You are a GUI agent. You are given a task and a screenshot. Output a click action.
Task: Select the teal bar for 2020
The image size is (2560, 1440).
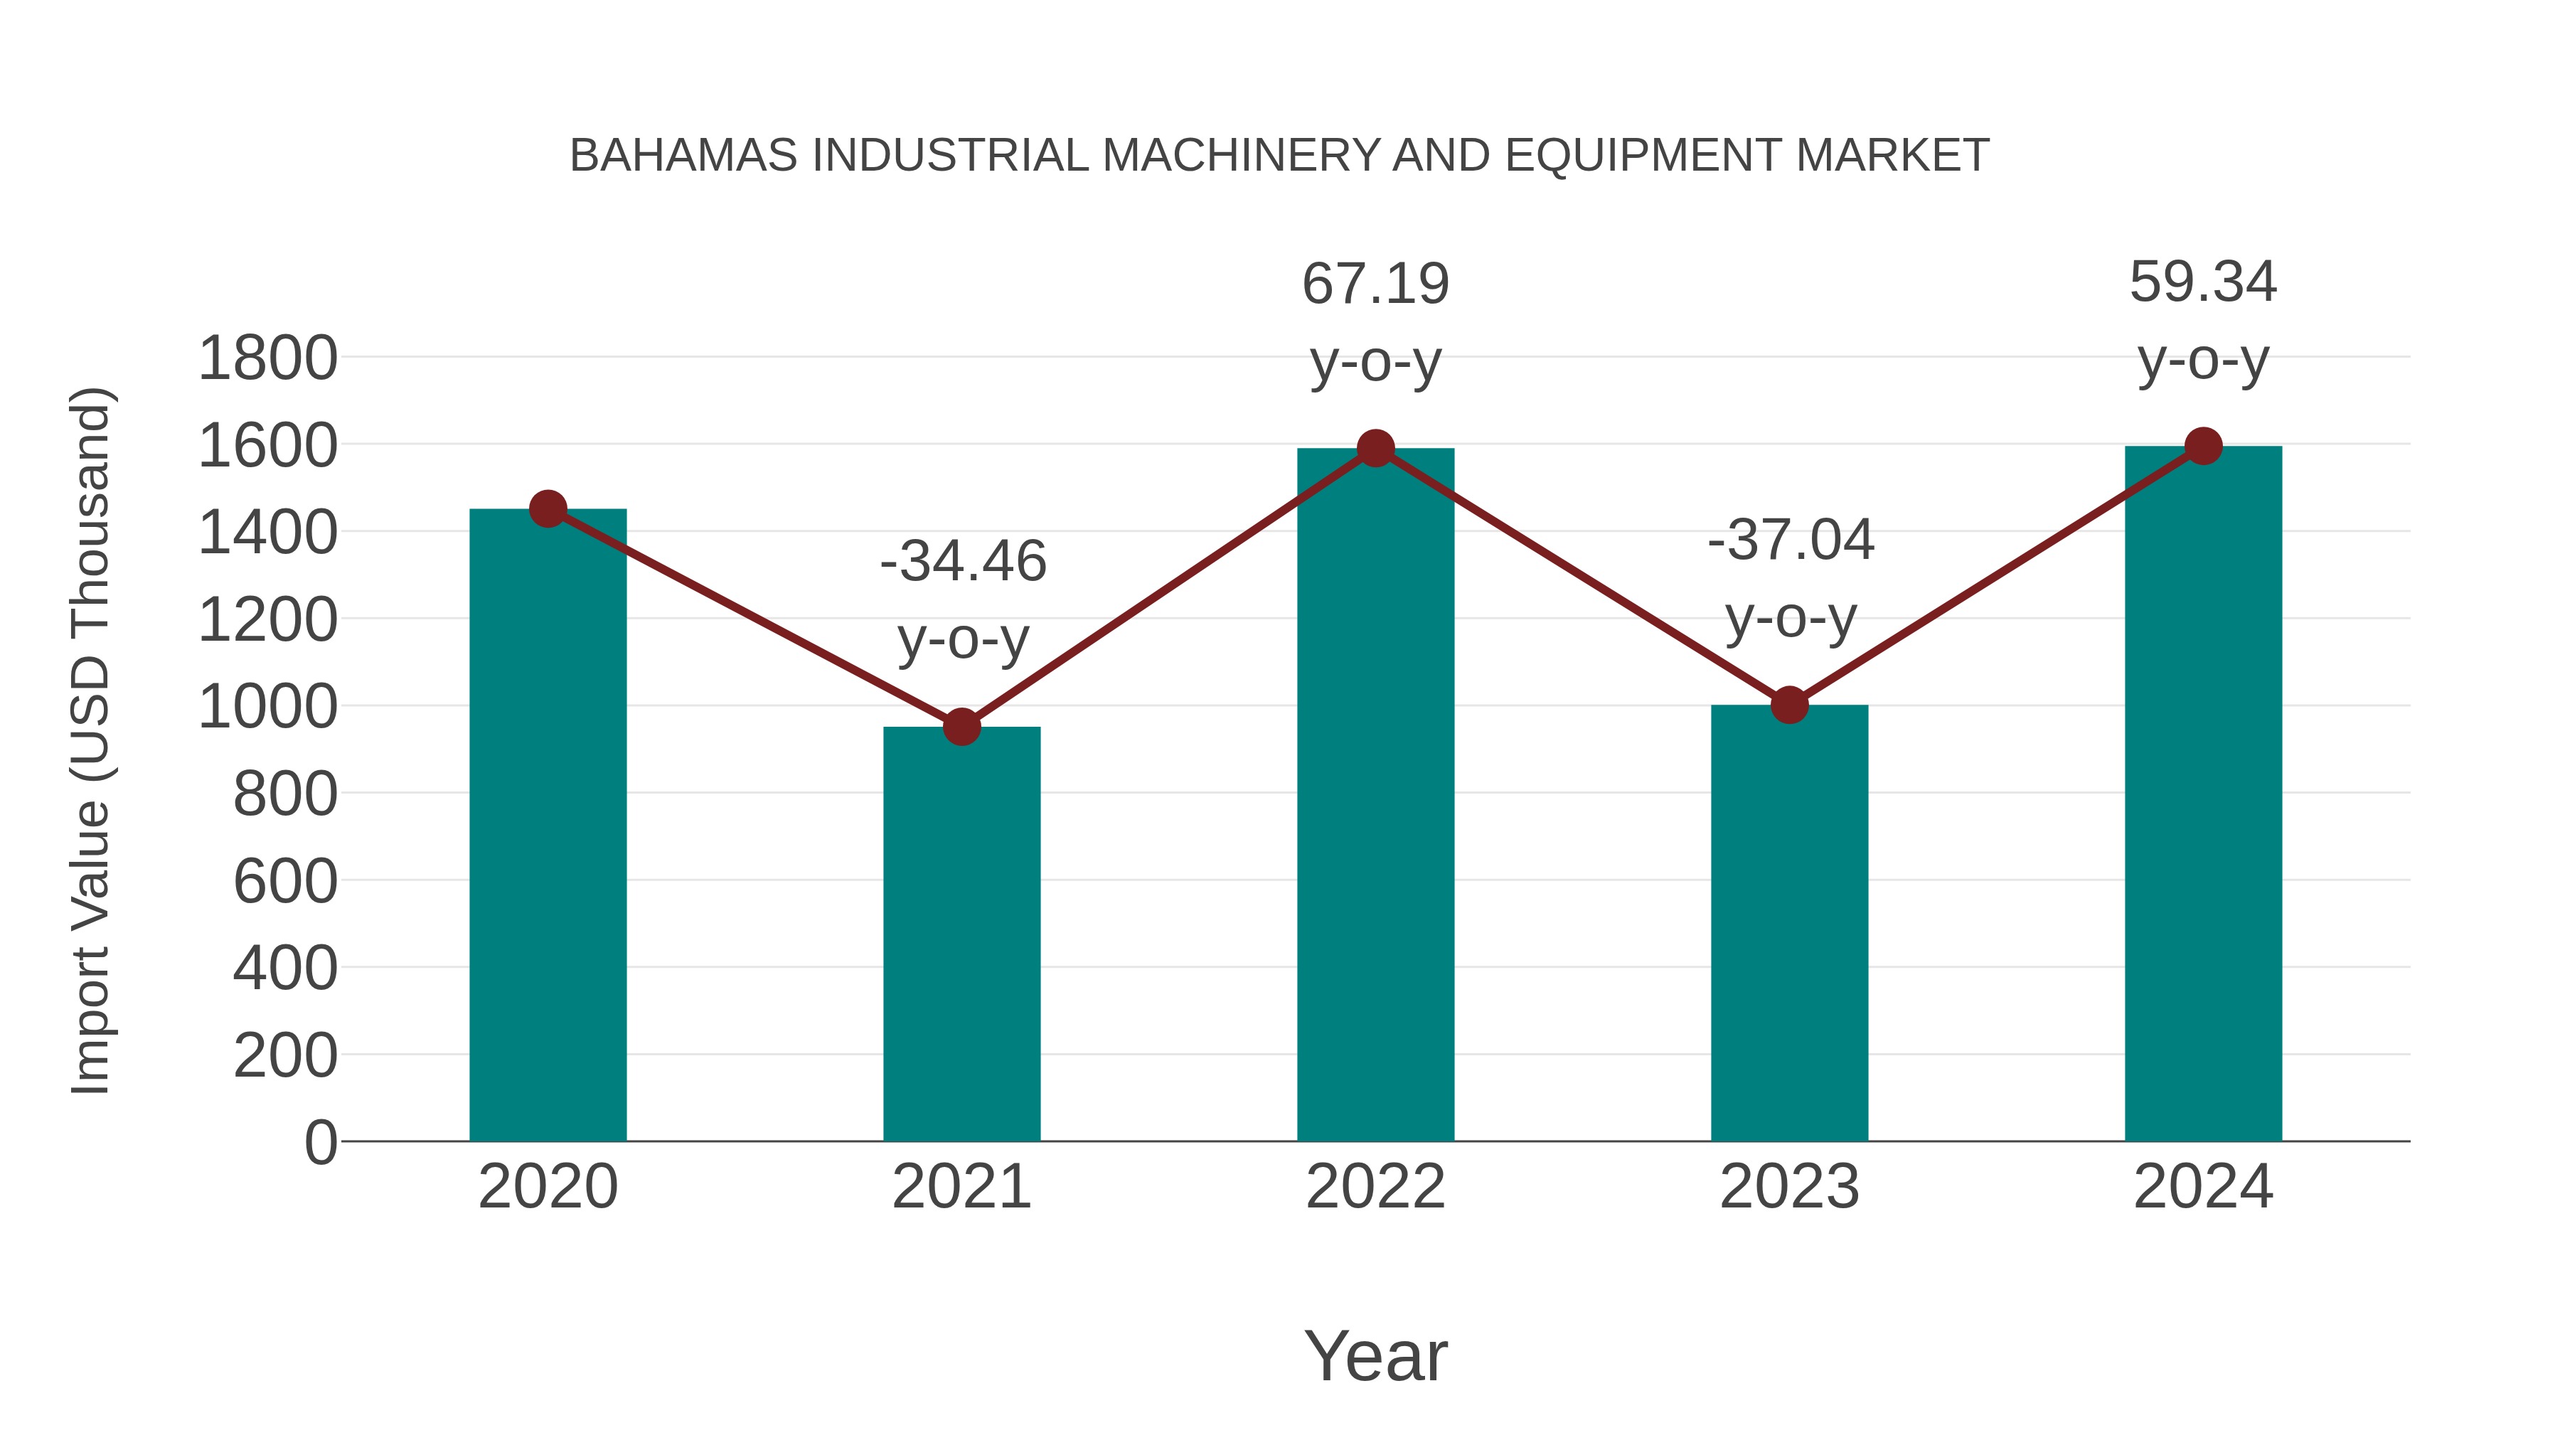548,825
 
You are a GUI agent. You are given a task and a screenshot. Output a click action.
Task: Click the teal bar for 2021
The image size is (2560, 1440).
961,934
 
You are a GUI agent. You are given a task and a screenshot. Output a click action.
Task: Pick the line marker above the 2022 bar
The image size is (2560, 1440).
1375,448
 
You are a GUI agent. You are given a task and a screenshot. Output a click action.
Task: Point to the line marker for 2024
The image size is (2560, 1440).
2203,446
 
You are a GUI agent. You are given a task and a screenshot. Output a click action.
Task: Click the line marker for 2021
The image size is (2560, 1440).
961,727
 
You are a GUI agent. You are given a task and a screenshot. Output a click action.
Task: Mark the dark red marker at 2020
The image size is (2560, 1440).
548,509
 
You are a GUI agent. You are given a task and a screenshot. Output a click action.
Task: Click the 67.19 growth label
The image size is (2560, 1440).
1375,284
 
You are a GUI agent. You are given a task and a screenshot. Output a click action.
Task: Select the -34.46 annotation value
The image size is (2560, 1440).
963,562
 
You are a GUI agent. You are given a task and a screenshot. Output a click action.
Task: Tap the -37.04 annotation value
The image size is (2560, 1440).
1791,540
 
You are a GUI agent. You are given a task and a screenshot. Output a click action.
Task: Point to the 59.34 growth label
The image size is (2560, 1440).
2203,282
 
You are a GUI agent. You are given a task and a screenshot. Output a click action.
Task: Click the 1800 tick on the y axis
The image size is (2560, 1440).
268,359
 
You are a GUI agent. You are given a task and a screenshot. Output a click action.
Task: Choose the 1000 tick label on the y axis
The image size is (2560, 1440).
268,708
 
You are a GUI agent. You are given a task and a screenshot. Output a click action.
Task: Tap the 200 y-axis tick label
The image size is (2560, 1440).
285,1055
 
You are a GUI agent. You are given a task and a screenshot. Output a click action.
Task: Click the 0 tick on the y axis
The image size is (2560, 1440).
320,1142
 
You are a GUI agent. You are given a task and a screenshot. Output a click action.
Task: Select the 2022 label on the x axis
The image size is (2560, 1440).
1375,1187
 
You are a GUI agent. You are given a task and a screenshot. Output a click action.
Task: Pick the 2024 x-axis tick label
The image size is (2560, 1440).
2203,1187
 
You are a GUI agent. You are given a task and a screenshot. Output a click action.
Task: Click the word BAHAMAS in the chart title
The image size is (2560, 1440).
683,156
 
